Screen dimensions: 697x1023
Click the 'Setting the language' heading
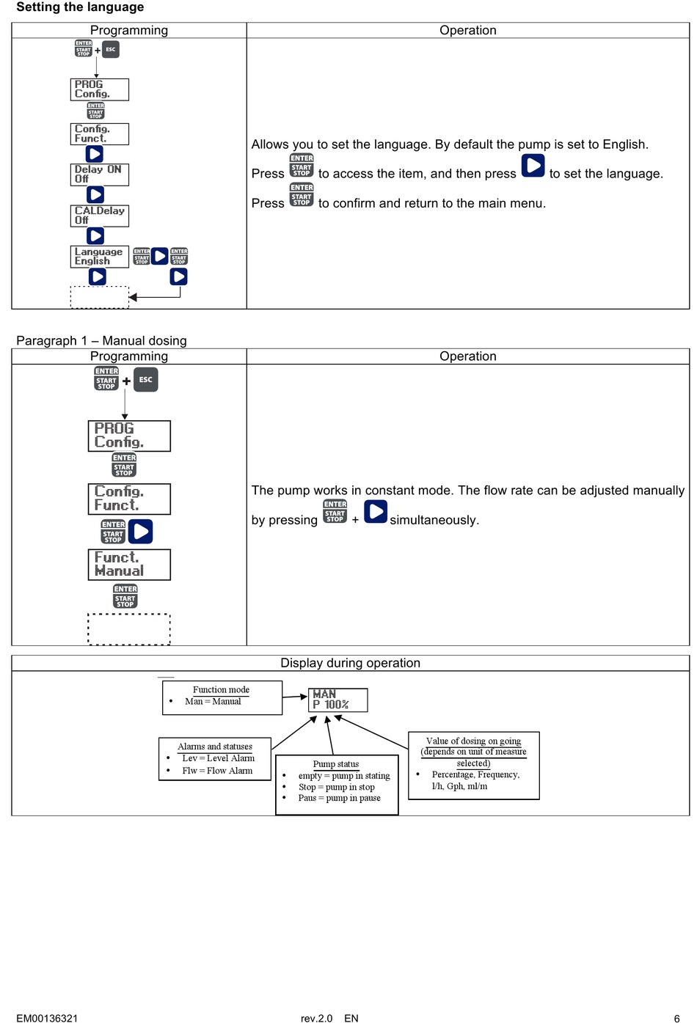[x=80, y=7]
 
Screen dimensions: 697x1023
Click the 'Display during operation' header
[x=350, y=663]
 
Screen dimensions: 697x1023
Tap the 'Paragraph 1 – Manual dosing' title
[x=101, y=341]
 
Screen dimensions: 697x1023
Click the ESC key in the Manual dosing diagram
[x=146, y=380]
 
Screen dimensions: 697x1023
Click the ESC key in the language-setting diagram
[x=111, y=49]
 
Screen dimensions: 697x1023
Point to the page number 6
[x=677, y=1018]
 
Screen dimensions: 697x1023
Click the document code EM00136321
[x=47, y=1018]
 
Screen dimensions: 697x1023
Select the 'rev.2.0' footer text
[x=316, y=1018]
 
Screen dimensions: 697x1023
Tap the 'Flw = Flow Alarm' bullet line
[x=217, y=771]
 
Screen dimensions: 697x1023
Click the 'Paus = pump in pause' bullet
[x=339, y=798]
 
